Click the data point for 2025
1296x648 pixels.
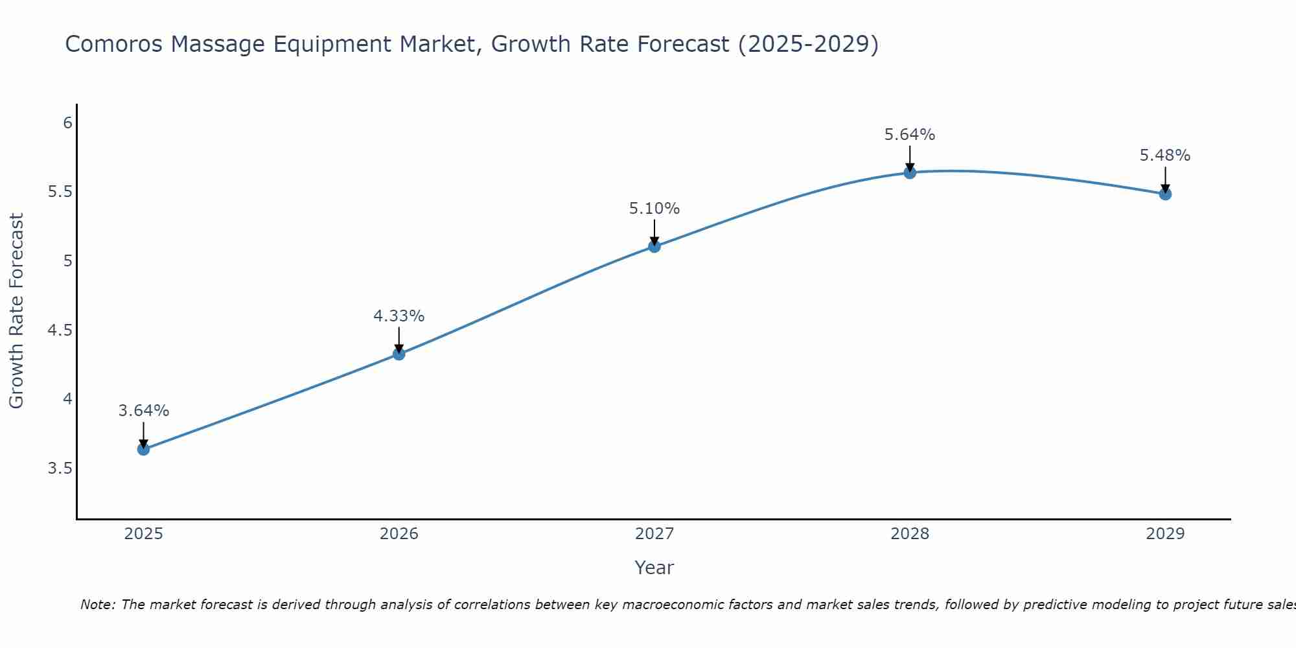143,449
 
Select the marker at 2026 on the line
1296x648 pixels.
399,354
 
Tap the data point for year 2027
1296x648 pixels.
654,246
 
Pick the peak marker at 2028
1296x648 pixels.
909,172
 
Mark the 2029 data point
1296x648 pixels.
1164,194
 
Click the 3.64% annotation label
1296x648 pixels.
144,411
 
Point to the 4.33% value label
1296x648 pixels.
399,316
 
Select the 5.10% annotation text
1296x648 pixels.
654,209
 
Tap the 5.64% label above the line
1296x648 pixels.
909,135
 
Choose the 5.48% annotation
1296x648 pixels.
1164,156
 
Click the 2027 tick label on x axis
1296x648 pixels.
654,534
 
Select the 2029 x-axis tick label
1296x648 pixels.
1164,534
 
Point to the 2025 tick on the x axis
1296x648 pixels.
143,534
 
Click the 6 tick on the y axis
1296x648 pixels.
67,123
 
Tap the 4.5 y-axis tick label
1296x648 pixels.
60,330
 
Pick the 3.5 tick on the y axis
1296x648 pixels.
60,469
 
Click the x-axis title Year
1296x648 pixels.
654,568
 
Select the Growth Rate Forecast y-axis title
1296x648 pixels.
17,311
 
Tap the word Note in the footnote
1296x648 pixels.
97,605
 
